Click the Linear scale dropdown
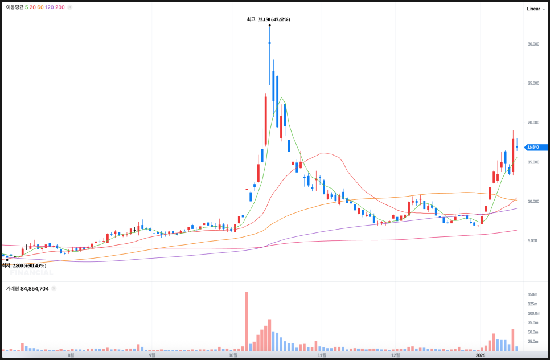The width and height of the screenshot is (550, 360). [x=536, y=9]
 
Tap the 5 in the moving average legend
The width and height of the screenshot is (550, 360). [x=26, y=7]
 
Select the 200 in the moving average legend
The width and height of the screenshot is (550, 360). [x=60, y=7]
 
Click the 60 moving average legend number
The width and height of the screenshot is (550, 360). [x=40, y=7]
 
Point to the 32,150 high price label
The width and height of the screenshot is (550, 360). [x=274, y=19]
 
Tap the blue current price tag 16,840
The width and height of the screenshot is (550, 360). [x=533, y=147]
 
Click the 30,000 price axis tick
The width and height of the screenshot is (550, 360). [x=533, y=44]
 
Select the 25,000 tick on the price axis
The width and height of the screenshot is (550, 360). [x=533, y=83]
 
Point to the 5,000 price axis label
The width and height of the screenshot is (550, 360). [x=533, y=241]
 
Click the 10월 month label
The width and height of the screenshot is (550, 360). [x=232, y=355]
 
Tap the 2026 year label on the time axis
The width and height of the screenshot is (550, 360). [x=482, y=355]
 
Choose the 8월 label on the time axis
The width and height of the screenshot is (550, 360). [x=71, y=355]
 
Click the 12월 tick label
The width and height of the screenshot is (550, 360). [x=395, y=355]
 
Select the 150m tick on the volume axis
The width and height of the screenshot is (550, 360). [x=533, y=294]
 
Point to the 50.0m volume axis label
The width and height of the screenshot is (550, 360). [x=533, y=332]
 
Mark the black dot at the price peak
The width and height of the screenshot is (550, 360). [x=269, y=25]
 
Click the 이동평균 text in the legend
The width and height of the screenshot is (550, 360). [x=14, y=7]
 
